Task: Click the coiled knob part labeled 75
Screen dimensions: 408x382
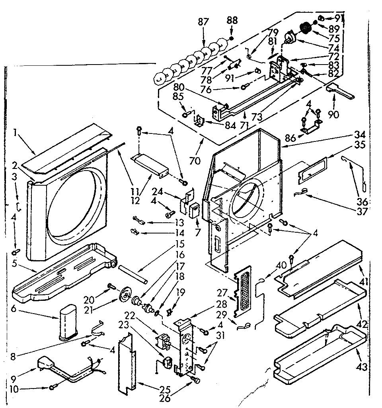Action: (306, 28)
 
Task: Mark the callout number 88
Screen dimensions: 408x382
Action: (232, 20)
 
